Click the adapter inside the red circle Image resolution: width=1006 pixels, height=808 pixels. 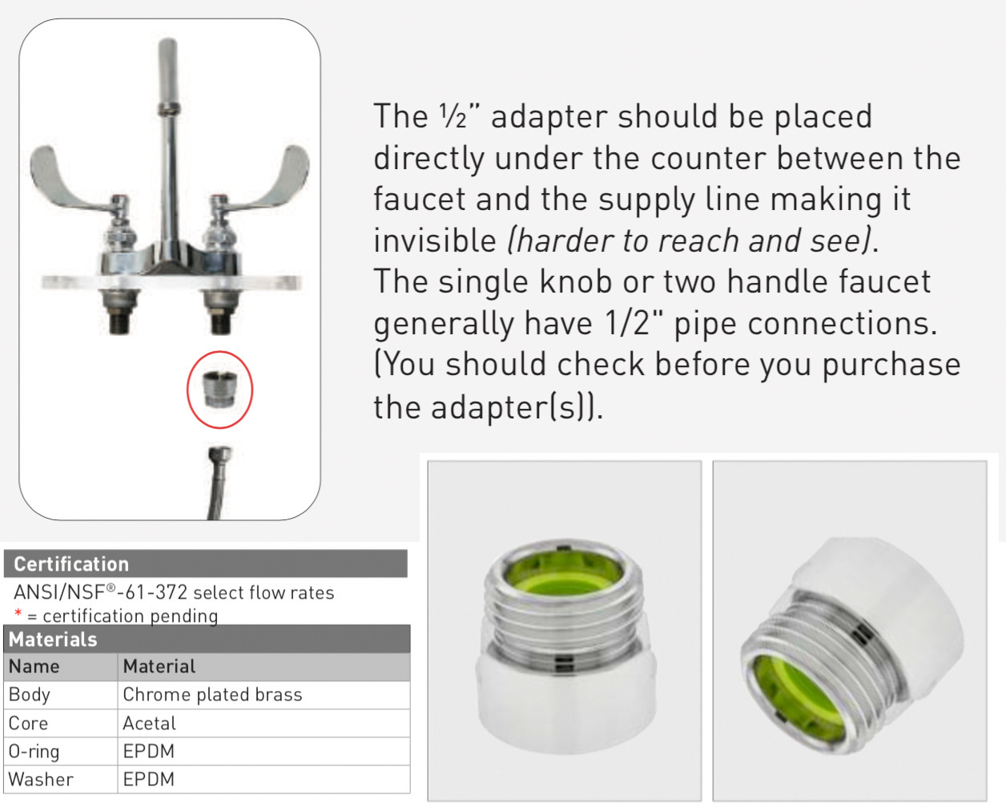pyautogui.click(x=219, y=389)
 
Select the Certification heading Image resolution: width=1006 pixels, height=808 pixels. pyautogui.click(x=71, y=564)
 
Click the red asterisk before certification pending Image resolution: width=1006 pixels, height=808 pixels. pyautogui.click(x=18, y=615)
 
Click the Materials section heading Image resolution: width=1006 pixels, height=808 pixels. pyautogui.click(x=53, y=640)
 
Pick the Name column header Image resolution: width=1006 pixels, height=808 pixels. pyautogui.click(x=34, y=667)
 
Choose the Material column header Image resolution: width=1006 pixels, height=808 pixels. pyautogui.click(x=159, y=667)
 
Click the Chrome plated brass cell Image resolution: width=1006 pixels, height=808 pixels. pyautogui.click(x=212, y=695)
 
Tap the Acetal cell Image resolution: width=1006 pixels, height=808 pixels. pyautogui.click(x=149, y=724)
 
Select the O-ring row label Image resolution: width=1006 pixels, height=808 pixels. pyautogui.click(x=34, y=752)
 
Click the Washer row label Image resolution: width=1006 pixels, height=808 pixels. pyautogui.click(x=41, y=780)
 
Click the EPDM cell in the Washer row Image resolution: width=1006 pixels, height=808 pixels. pyautogui.click(x=149, y=780)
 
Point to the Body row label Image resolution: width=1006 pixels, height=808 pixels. pyautogui.click(x=30, y=695)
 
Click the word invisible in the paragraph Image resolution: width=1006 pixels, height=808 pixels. pyautogui.click(x=435, y=240)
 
